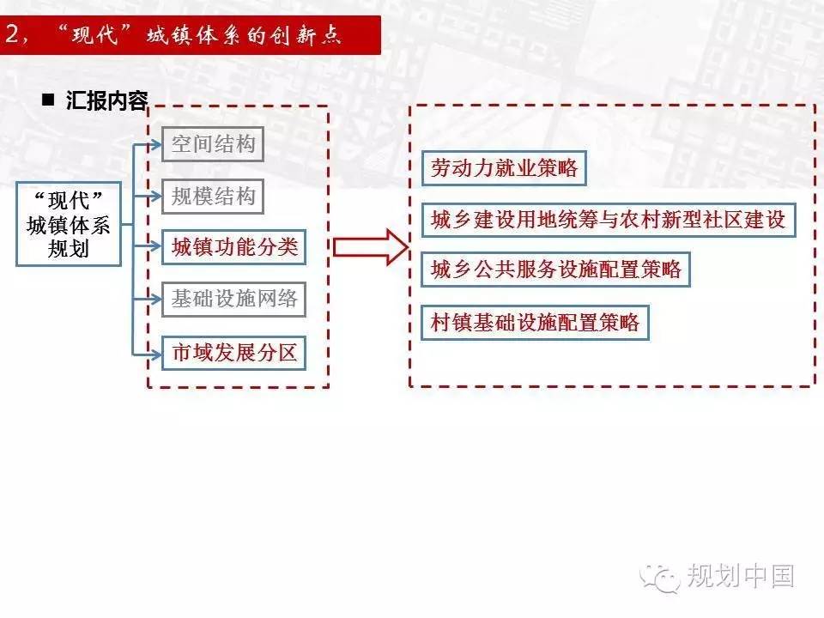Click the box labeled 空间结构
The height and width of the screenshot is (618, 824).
212,144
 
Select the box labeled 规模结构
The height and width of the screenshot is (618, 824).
212,197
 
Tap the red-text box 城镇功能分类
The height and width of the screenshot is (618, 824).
233,247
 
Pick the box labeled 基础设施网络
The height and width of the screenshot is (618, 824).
233,299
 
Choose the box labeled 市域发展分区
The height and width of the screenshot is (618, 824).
233,353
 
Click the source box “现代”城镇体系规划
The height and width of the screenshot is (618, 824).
69,224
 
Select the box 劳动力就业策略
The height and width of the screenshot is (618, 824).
504,168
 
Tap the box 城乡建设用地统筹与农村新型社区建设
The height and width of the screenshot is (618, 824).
609,220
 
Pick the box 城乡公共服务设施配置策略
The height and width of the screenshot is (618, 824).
556,270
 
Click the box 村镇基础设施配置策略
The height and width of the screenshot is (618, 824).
535,322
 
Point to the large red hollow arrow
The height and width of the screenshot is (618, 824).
371,247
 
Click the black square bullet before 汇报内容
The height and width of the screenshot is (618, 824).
48,100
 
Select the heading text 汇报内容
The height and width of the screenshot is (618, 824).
107,100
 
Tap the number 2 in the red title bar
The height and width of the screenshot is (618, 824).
12,34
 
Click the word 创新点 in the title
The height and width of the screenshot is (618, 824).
306,35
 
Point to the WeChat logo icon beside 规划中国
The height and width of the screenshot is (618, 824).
659,578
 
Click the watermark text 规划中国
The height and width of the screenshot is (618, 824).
741,575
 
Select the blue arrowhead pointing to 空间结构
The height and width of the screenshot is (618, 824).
156,144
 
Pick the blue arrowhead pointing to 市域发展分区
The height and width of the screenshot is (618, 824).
156,354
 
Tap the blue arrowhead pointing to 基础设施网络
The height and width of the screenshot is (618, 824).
156,300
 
